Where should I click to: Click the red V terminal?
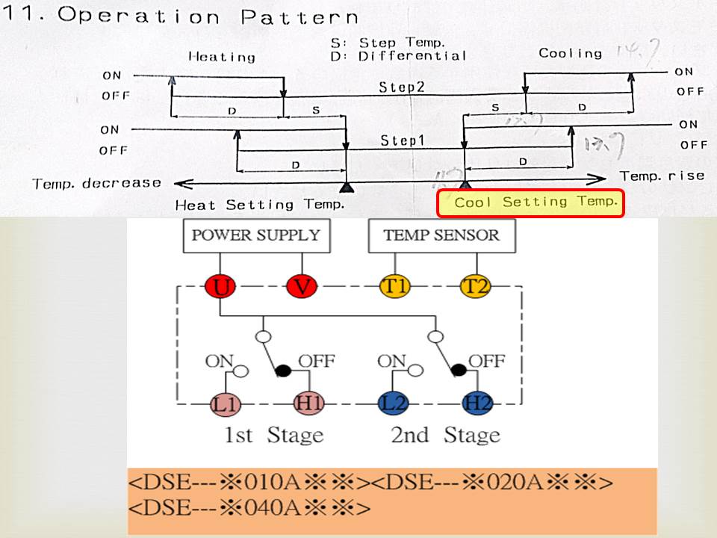click(x=301, y=286)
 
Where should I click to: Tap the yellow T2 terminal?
click(x=474, y=286)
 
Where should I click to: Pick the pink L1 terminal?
click(x=224, y=404)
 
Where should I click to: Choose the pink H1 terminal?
click(x=309, y=404)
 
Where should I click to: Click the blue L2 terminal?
click(x=392, y=404)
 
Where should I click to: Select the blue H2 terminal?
click(x=477, y=404)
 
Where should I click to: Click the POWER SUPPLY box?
click(x=256, y=235)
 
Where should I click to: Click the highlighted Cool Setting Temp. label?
click(x=530, y=202)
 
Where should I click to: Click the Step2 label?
click(x=400, y=87)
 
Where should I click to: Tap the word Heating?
click(x=221, y=56)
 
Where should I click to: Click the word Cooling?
click(x=570, y=53)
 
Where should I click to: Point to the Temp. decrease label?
click(x=96, y=183)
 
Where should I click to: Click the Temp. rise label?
click(x=662, y=176)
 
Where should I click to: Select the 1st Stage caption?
click(x=274, y=435)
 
